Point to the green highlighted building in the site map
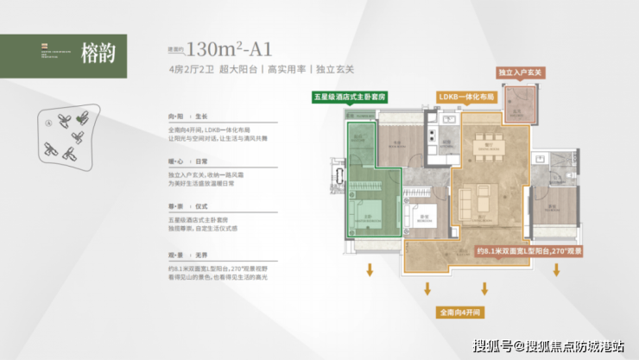(x=83, y=119)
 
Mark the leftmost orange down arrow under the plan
(x=370, y=271)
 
